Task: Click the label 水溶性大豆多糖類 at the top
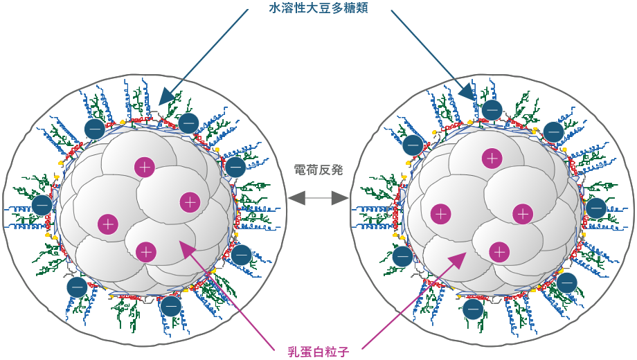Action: click(318, 8)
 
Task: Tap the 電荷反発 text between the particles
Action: click(318, 170)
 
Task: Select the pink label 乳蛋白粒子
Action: click(318, 352)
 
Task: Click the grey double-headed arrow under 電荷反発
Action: click(318, 199)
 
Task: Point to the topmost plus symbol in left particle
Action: click(144, 167)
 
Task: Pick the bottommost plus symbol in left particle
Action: click(145, 252)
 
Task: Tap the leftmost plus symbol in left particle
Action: click(108, 224)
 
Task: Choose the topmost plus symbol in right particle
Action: click(492, 158)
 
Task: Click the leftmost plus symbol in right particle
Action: click(441, 214)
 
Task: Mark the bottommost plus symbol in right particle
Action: click(499, 252)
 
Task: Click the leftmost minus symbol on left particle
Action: click(42, 205)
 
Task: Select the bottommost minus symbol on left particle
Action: click(171, 306)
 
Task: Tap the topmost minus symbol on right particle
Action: click(492, 110)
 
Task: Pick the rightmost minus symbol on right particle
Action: click(596, 208)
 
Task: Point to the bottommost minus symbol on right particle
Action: click(473, 309)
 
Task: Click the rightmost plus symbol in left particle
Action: click(190, 202)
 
